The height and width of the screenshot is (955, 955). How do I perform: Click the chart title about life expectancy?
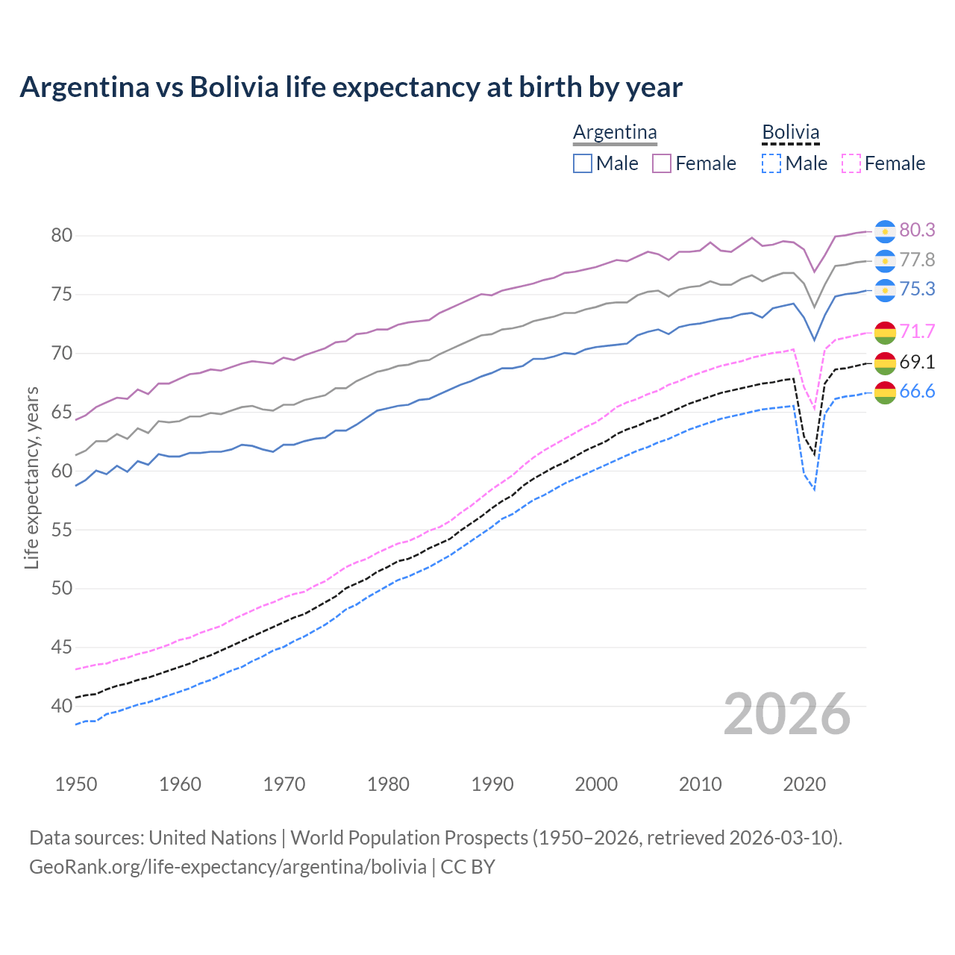pos(351,87)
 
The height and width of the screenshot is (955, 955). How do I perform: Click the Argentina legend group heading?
pos(615,132)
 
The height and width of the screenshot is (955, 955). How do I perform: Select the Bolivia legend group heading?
pos(790,132)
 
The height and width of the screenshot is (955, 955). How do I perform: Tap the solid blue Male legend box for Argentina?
pos(583,163)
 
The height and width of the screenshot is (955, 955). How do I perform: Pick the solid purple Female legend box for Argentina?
pos(662,163)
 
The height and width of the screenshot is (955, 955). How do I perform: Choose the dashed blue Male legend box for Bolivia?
pos(771,163)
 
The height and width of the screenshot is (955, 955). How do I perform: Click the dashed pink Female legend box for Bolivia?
pos(851,163)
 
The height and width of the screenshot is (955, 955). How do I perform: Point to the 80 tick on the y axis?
pos(61,236)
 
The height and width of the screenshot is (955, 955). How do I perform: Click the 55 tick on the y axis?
pos(61,530)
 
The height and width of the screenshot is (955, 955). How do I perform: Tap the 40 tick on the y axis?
pos(61,706)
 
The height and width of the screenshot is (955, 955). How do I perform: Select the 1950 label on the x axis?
pos(76,784)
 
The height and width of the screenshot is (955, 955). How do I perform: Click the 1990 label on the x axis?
pos(492,784)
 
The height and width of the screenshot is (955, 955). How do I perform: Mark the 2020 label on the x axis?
pos(804,784)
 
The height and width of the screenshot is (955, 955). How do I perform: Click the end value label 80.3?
pos(917,230)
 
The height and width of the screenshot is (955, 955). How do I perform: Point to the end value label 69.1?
pos(917,362)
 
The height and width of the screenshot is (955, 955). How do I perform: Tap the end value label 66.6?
pos(917,392)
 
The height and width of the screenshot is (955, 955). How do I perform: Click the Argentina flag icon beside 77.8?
pos(885,260)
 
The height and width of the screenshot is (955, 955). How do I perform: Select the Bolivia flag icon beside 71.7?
pos(885,332)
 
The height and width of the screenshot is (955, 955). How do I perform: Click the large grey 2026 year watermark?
pos(787,714)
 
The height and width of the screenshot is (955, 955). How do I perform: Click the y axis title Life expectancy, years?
pos(32,477)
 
